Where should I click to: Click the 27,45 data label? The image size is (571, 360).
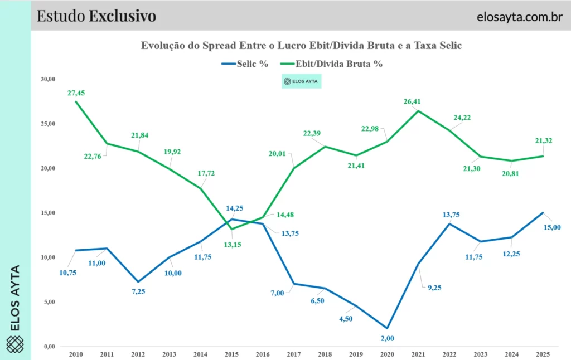click(76, 93)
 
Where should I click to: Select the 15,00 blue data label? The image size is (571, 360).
click(552, 227)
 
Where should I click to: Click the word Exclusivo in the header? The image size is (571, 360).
click(122, 16)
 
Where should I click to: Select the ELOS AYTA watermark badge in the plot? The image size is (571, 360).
click(302, 82)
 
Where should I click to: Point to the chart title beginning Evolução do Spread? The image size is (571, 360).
click(301, 46)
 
